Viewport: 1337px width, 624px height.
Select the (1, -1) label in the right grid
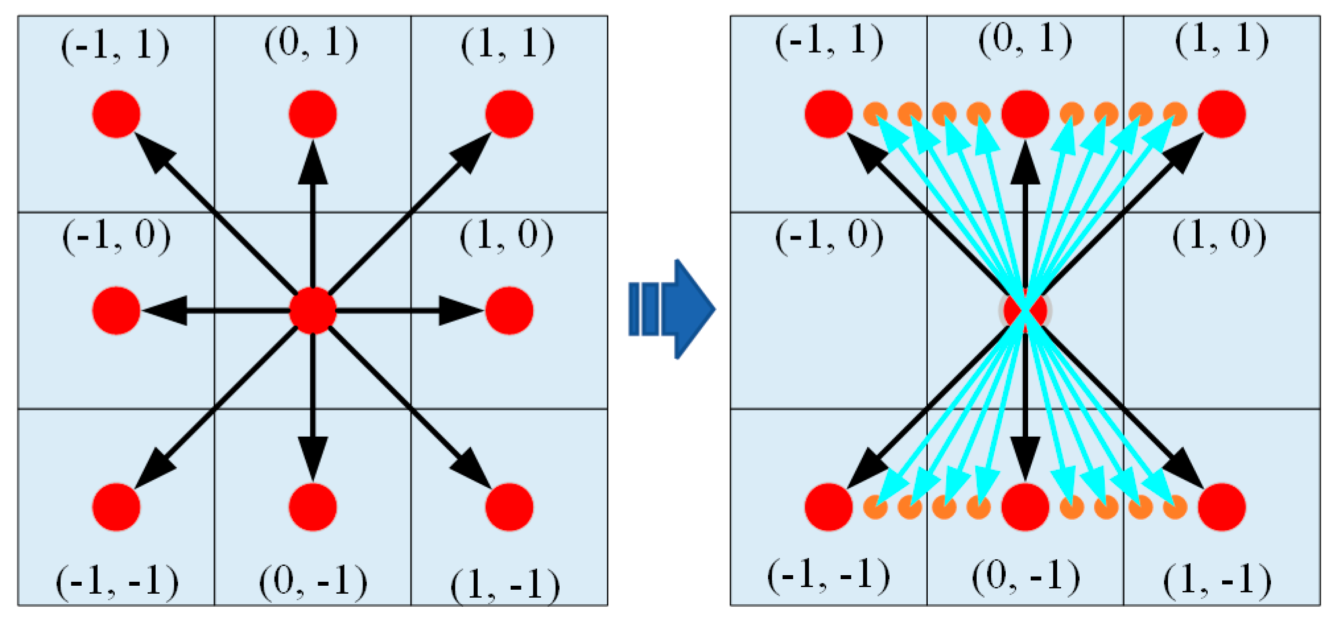point(1218,580)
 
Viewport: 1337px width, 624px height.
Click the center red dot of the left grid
point(313,310)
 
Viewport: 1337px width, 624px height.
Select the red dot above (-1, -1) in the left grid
point(116,507)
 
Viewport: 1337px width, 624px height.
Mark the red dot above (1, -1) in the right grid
point(1222,507)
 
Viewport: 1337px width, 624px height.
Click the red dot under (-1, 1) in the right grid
point(829,114)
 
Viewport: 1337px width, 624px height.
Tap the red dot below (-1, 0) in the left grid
point(116,310)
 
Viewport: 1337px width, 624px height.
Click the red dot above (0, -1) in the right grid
point(1025,507)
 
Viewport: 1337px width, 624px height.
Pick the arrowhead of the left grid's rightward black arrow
point(461,310)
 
